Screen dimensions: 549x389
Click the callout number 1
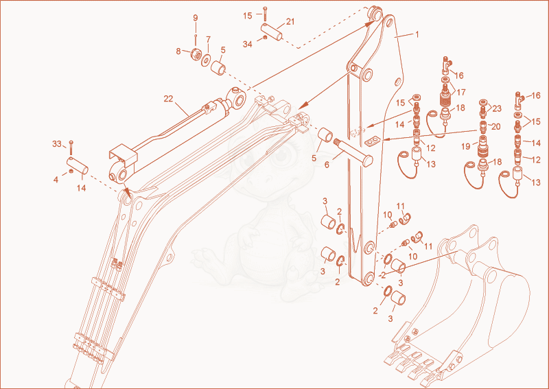point(417,34)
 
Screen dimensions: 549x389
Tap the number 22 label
point(168,99)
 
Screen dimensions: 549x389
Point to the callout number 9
point(196,18)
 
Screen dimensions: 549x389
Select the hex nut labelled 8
point(195,54)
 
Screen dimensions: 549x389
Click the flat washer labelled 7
point(205,60)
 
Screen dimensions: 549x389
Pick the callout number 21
point(290,22)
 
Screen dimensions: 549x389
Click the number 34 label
point(248,45)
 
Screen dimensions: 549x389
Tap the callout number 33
point(57,144)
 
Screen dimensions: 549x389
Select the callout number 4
point(56,180)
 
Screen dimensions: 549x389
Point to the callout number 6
point(327,165)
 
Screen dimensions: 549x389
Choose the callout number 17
point(461,92)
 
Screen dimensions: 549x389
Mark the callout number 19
point(466,146)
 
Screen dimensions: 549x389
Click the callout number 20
point(495,126)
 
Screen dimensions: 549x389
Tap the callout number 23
point(497,108)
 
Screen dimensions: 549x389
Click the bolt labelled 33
point(71,148)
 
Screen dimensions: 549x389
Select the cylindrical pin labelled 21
point(272,32)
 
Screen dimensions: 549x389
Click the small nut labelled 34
point(265,38)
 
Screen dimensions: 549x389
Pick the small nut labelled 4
point(71,171)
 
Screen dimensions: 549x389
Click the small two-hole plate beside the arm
point(373,141)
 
